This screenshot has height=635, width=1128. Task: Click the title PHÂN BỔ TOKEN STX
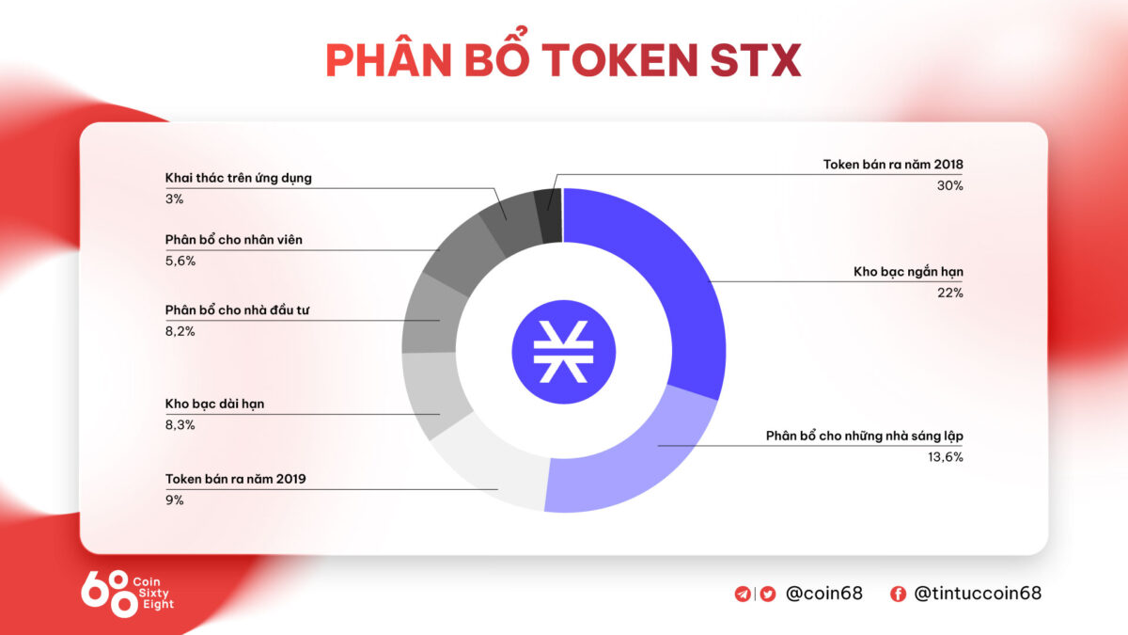pyautogui.click(x=563, y=60)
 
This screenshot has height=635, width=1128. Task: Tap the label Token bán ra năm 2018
pyautogui.click(x=893, y=165)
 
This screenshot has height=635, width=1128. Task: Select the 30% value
pyautogui.click(x=950, y=186)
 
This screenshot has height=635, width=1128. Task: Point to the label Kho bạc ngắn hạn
pyautogui.click(x=908, y=272)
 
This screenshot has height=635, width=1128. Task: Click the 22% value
pyautogui.click(x=950, y=294)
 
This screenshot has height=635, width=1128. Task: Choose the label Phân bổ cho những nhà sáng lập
pyautogui.click(x=865, y=437)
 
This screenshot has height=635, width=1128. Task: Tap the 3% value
pyautogui.click(x=174, y=199)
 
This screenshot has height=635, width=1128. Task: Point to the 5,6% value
pyautogui.click(x=180, y=262)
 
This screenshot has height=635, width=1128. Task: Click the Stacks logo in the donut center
pyautogui.click(x=563, y=350)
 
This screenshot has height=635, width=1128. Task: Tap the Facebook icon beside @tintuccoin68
pyautogui.click(x=898, y=594)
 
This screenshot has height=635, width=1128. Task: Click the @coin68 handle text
pyautogui.click(x=823, y=594)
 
